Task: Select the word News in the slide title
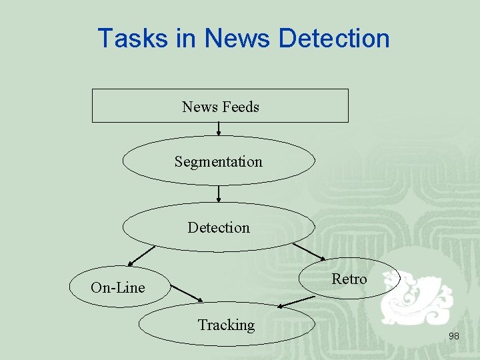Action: tap(237, 38)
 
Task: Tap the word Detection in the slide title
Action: tap(334, 38)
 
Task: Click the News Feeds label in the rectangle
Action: tap(220, 107)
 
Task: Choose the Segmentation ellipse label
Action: tap(219, 161)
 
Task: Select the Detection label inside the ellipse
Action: tap(219, 227)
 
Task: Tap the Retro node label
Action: tap(349, 279)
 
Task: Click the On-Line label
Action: tap(117, 287)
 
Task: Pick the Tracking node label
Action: tap(226, 325)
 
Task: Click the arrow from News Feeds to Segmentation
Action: tap(219, 129)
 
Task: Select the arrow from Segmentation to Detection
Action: tap(219, 194)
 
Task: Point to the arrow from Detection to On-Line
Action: tap(141, 255)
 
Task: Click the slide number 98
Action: tap(453, 337)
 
